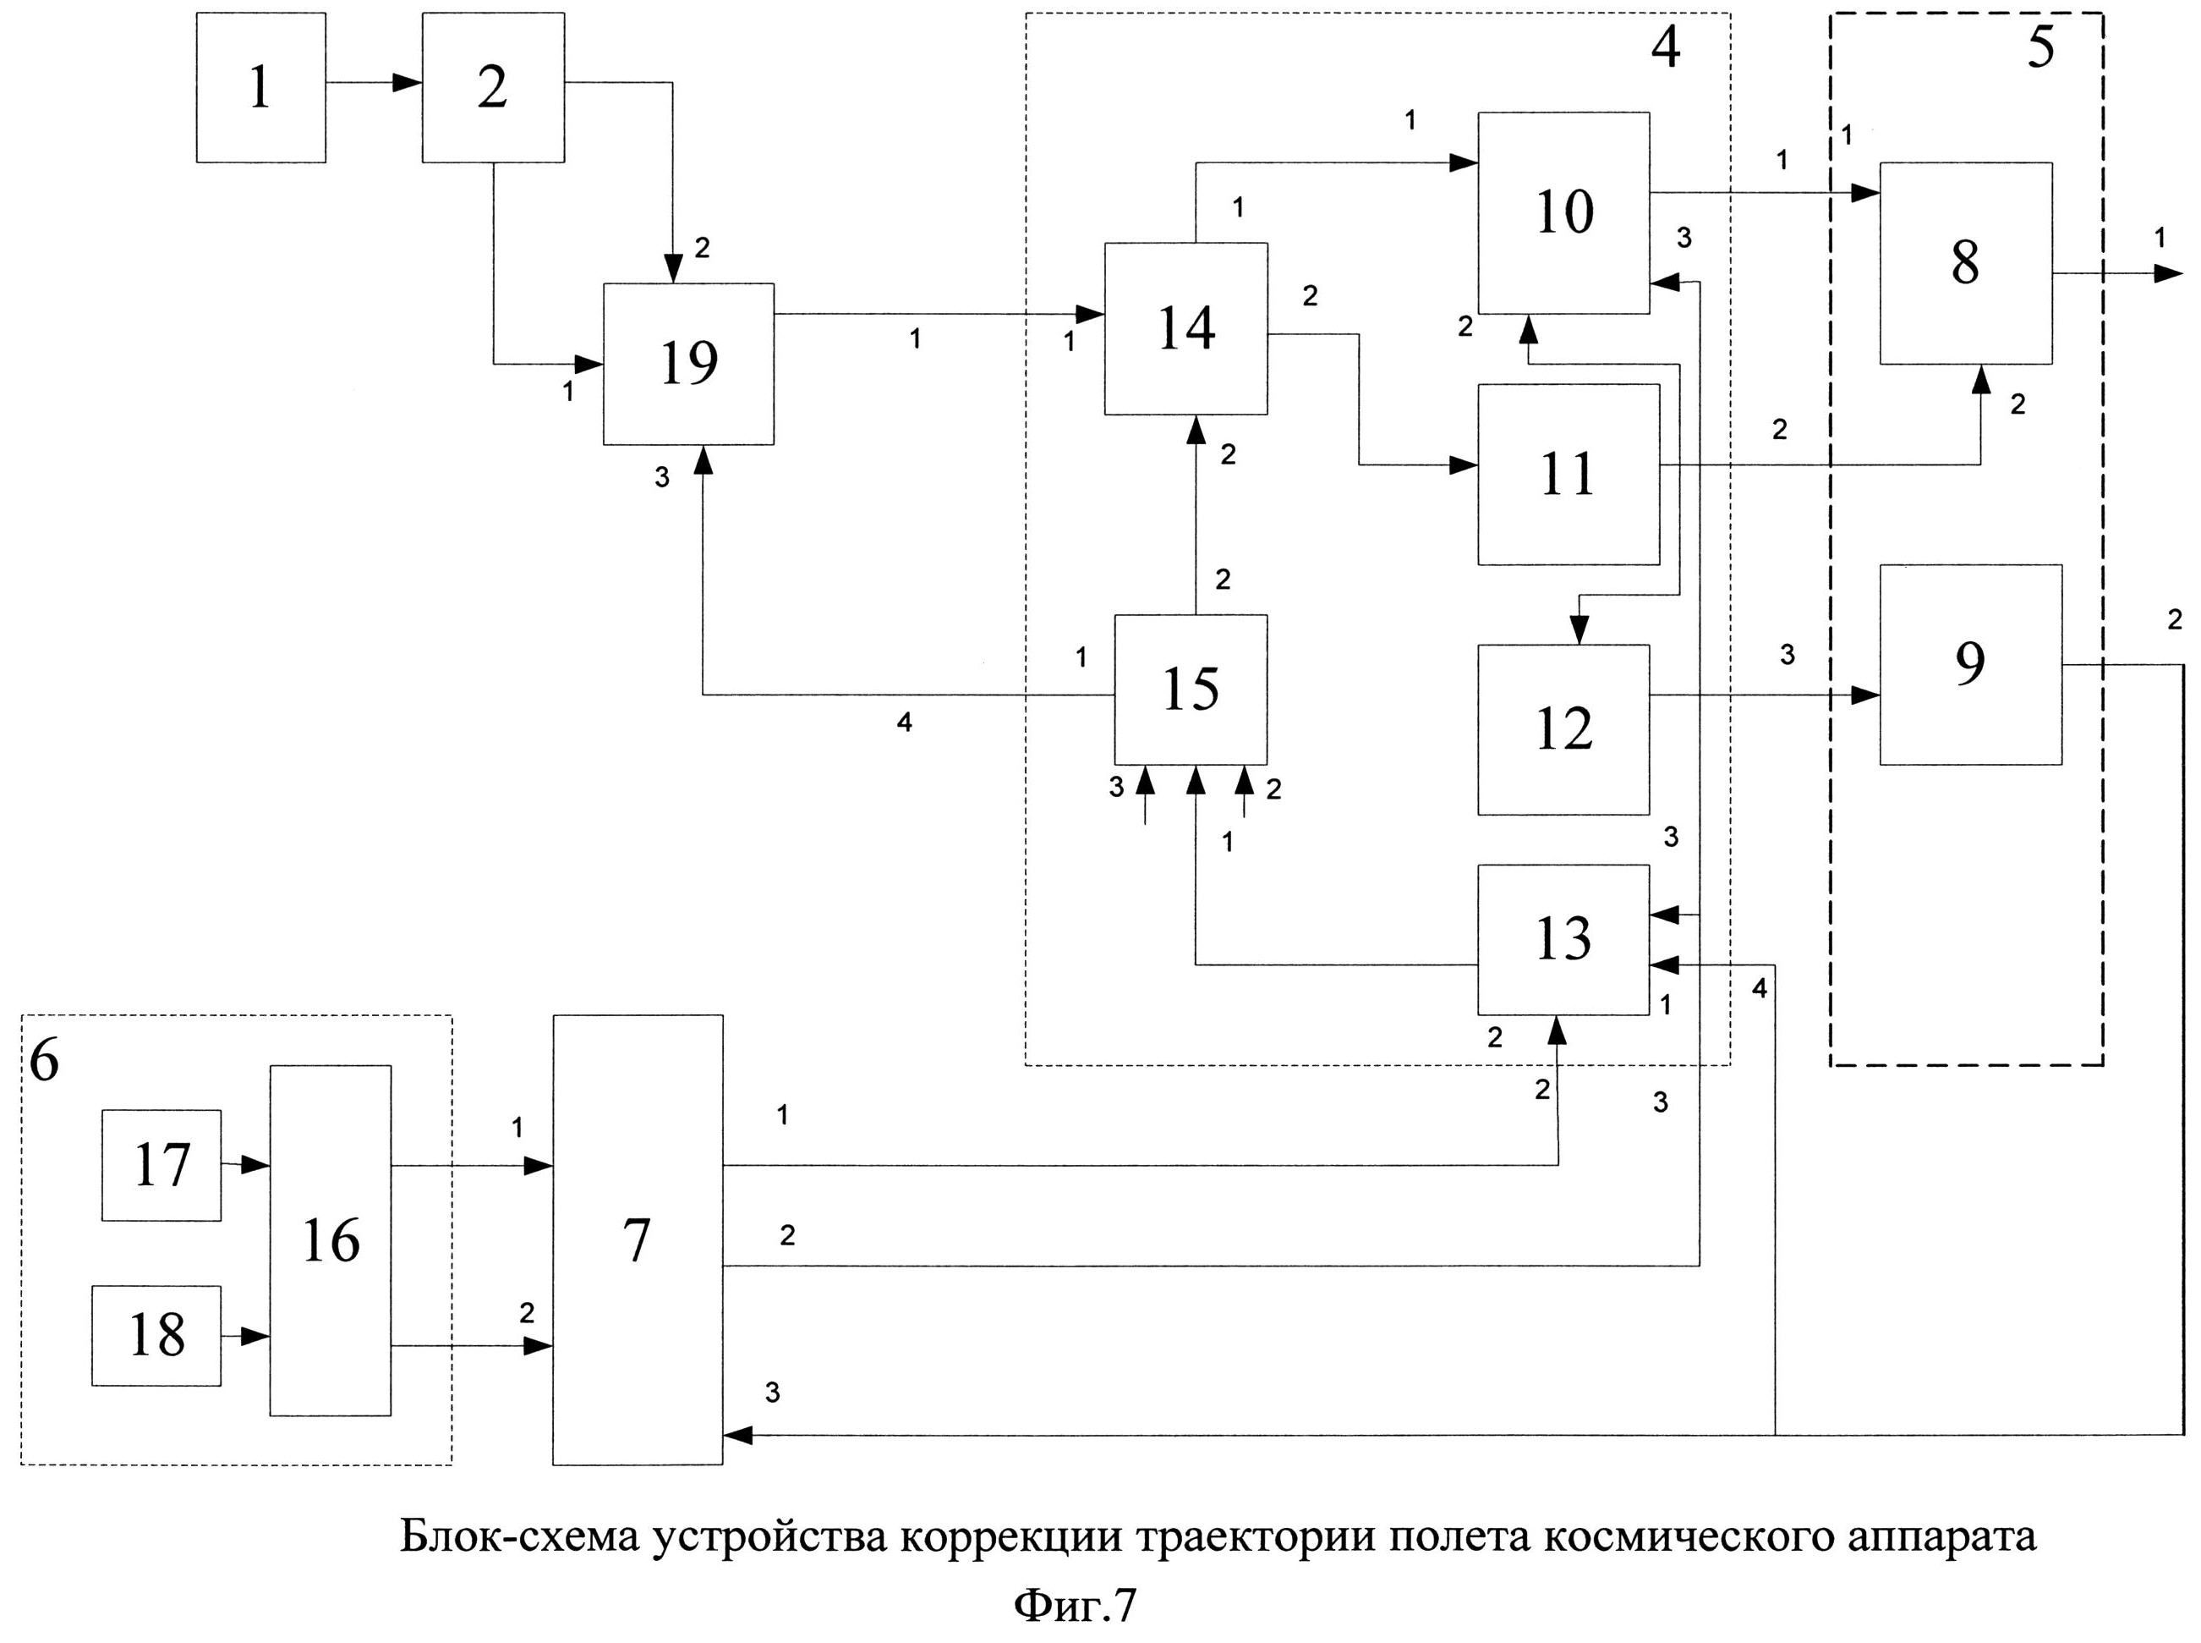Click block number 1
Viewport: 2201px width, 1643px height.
260,87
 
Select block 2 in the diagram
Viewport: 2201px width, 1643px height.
493,87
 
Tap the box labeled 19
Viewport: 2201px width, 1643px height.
688,363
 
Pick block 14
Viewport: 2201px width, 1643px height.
1186,328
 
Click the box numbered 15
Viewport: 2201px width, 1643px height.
1191,690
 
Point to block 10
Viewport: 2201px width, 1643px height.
1563,213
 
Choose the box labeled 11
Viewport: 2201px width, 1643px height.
1568,475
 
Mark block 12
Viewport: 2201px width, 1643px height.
1563,730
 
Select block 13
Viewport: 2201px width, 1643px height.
1563,939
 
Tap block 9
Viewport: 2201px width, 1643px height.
1970,664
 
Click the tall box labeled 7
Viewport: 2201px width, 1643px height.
638,1239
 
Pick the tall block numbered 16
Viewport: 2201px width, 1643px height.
330,1240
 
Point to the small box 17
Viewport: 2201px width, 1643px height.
161,1165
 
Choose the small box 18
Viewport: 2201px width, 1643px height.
156,1335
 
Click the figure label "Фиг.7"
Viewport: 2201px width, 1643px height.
1074,1607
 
